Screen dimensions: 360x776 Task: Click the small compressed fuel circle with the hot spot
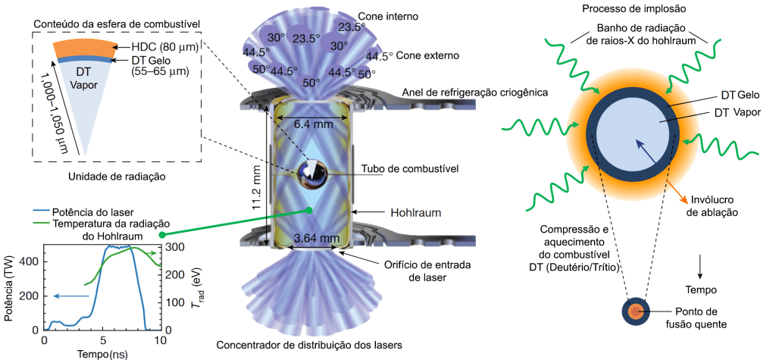coord(634,312)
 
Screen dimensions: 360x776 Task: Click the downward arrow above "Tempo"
coord(700,265)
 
